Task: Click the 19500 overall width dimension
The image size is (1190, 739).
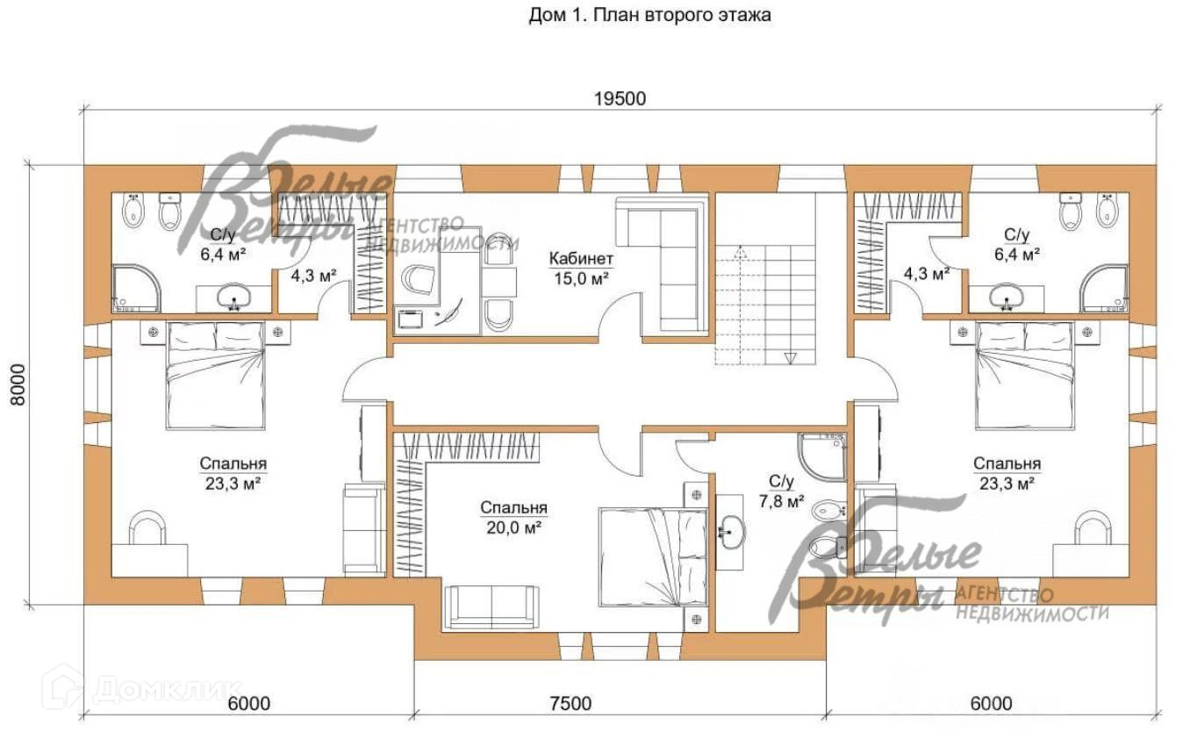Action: tap(620, 99)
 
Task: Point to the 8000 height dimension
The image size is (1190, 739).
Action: tap(18, 384)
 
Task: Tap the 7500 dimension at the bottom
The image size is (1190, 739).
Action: tap(570, 704)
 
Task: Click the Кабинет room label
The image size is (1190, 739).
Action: tap(581, 259)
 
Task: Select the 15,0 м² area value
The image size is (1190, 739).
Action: tap(581, 278)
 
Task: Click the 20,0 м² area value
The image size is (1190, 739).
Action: tap(513, 527)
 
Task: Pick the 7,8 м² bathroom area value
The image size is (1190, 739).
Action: tap(781, 501)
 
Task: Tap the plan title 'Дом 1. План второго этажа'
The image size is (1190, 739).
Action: tap(649, 15)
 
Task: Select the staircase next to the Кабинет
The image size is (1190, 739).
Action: tap(765, 279)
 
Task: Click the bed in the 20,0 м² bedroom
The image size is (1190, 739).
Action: tap(653, 556)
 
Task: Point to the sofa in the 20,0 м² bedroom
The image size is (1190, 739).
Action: tap(491, 607)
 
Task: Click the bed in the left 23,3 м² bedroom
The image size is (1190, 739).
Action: tap(215, 375)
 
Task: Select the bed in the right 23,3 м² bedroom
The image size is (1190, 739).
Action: tap(1025, 375)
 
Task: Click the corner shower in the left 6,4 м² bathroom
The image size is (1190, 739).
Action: tap(136, 289)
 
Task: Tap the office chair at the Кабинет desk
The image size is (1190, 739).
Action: tap(418, 279)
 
